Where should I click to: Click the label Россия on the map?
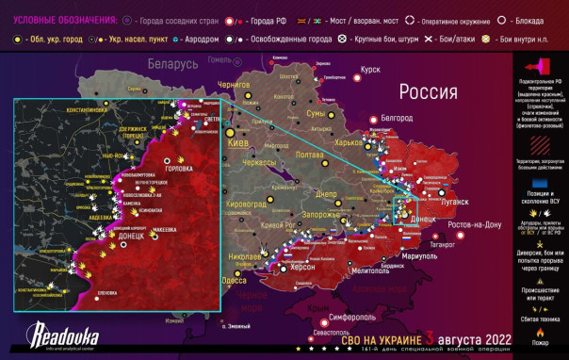(430, 91)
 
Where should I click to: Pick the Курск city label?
(370, 70)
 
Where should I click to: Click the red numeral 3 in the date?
(430, 337)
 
